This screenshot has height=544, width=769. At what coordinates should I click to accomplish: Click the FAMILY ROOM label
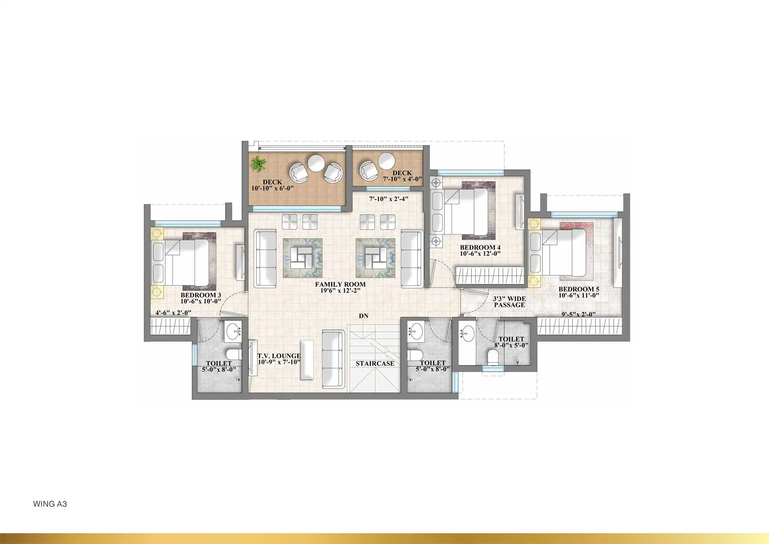coord(340,284)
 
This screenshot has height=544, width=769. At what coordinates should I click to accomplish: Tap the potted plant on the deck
coord(258,165)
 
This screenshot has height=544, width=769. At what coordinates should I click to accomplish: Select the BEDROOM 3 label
coord(201,295)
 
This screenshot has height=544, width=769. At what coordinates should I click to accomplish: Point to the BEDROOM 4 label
coord(480,247)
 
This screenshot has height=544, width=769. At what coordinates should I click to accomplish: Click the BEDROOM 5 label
coord(579,289)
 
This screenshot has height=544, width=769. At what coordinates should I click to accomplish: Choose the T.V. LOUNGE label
coord(279,356)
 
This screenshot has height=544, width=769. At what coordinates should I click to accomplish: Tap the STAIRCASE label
coord(375,363)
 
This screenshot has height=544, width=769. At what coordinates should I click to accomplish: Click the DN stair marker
coord(363,316)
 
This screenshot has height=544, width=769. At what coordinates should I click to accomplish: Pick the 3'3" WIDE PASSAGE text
coord(509,302)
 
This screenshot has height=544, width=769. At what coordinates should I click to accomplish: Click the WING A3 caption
coord(50,504)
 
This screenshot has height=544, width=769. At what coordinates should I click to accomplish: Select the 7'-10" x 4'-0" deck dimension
coord(402,179)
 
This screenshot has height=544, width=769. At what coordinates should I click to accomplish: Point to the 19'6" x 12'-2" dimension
coord(340,291)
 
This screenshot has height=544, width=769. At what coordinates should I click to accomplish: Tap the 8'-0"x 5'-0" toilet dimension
coord(511,345)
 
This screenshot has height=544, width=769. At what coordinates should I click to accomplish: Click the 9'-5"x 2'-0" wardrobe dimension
coord(578,314)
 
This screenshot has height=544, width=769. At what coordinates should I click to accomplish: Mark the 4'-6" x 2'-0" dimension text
coord(173,313)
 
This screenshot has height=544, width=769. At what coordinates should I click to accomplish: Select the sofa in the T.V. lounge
coord(332,359)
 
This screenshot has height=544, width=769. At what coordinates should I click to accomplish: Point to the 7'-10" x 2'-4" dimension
coord(388,199)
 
